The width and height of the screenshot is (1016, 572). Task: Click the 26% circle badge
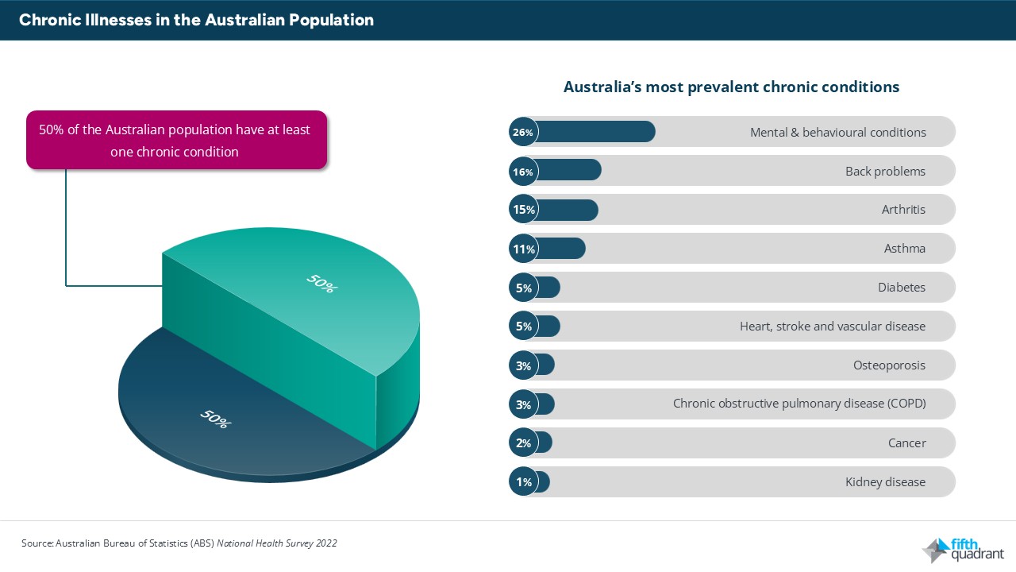point(523,132)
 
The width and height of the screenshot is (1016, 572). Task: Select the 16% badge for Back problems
point(523,171)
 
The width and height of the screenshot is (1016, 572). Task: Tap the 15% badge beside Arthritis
point(523,210)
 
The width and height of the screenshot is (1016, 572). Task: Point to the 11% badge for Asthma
point(523,249)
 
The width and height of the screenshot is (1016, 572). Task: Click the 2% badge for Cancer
point(523,443)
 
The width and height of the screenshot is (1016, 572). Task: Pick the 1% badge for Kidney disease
point(523,482)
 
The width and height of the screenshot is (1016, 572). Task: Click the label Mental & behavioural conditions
point(837,132)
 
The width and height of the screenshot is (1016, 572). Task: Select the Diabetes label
point(901,288)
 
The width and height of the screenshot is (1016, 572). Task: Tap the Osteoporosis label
point(889,365)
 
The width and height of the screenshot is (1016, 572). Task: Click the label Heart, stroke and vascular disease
point(832,327)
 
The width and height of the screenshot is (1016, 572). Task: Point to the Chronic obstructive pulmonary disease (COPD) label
point(799,404)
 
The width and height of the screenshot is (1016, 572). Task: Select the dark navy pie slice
point(222,413)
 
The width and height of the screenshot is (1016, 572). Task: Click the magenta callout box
point(176,140)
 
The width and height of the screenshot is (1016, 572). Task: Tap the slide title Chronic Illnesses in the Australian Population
point(196,20)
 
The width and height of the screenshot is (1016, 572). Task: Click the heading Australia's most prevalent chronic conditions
point(731,87)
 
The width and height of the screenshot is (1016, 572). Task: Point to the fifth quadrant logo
point(963,549)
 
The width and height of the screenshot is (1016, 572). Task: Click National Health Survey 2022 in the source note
point(276,543)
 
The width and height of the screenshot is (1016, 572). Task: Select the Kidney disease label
point(885,482)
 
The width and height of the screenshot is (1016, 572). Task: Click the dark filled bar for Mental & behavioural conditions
point(595,132)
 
